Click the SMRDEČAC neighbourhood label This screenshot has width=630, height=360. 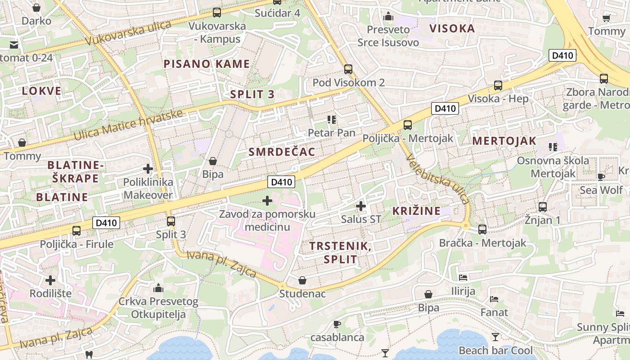coord(282,152)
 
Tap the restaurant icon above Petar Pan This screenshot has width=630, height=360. coord(332,119)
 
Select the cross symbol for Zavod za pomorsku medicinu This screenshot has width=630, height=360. coord(267,200)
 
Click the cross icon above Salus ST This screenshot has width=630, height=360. coord(360,206)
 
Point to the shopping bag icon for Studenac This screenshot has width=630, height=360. coord(302,281)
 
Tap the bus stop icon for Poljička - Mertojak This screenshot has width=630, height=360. coord(408,125)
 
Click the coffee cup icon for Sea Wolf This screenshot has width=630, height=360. coord(601,177)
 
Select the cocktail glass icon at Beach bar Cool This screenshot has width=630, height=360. coord(495,337)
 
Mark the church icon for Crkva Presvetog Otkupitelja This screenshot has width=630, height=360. coord(158,288)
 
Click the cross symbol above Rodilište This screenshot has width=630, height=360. coord(50,280)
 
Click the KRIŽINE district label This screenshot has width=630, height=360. coord(417,211)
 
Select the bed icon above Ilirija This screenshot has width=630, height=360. coord(463,278)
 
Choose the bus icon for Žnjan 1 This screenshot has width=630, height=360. coord(543,207)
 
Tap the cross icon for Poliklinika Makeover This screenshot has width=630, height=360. coord(148,169)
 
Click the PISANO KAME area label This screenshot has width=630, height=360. coord(207,64)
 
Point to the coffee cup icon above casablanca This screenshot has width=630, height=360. coord(337,324)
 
